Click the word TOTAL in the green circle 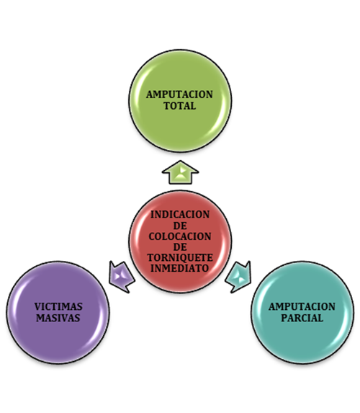[x=180, y=106]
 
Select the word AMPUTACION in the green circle [x=179, y=94]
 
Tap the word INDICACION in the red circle [x=180, y=214]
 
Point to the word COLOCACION [x=180, y=236]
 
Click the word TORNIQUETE [x=180, y=257]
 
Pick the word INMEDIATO [x=180, y=268]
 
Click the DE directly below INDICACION [x=180, y=226]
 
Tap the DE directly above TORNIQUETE [x=180, y=247]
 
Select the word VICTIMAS [x=58, y=306]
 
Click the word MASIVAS [x=58, y=318]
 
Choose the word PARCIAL [x=302, y=318]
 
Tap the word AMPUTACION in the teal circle [x=302, y=306]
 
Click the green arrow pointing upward [x=180, y=172]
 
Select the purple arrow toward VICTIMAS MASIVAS [x=122, y=277]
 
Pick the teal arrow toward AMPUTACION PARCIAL [x=238, y=277]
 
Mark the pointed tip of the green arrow [x=180, y=161]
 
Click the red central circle [x=180, y=241]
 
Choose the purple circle [x=58, y=312]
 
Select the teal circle [x=302, y=312]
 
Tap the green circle [x=180, y=101]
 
